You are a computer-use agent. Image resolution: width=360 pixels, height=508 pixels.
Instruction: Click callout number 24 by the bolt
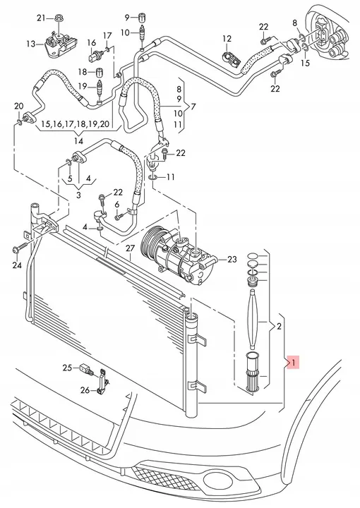coord(17,265)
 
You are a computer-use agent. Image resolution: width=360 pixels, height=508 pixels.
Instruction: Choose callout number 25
coord(68,368)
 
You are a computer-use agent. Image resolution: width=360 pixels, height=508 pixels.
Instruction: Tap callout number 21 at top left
coord(40,17)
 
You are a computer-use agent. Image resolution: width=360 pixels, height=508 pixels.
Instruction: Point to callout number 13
coord(30,44)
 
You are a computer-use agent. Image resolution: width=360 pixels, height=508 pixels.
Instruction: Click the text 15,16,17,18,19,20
coord(75,123)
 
